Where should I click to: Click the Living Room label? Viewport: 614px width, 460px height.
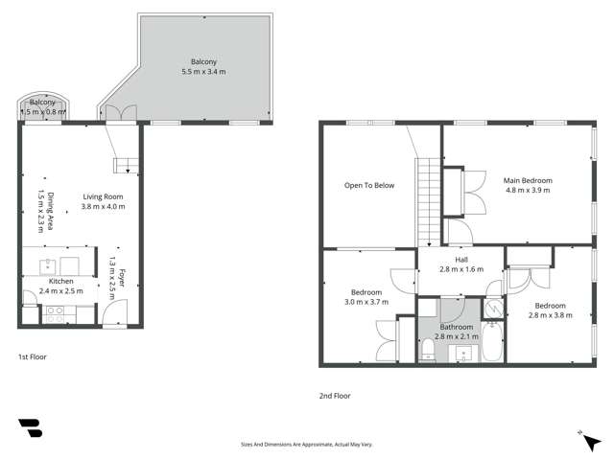(x=104, y=197)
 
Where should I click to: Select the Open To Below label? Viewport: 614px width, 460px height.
(x=369, y=185)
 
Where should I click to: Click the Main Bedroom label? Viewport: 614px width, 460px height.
(x=528, y=179)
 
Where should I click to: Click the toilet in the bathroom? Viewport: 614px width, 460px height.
(x=427, y=351)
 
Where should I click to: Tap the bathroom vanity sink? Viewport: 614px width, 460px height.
(x=464, y=355)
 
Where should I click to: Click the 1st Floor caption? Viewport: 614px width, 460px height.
(x=32, y=356)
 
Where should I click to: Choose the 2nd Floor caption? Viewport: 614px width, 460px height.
(x=335, y=395)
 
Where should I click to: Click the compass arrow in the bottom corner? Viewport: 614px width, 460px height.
(x=582, y=433)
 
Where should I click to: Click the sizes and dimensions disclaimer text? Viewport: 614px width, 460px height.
(x=306, y=445)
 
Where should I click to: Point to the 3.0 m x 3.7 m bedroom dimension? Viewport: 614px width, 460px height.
(x=366, y=301)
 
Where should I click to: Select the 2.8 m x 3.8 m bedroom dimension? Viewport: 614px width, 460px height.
(x=550, y=314)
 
